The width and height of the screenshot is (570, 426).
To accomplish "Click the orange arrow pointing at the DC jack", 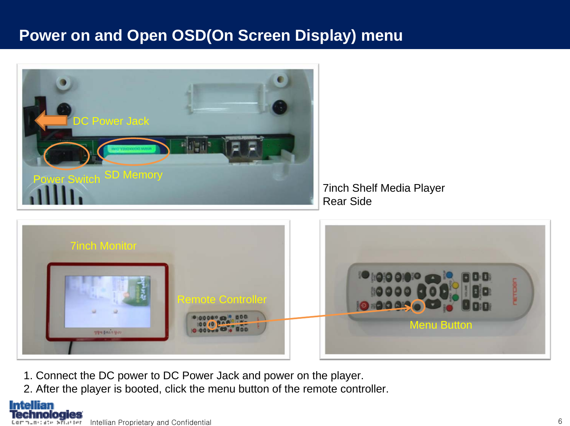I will point(51,120).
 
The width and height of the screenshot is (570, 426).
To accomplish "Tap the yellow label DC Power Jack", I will point(111,121).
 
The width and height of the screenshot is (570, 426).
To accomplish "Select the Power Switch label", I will point(66,179).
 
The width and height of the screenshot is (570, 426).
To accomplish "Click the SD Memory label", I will point(133,175).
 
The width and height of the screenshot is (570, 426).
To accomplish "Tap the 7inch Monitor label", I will point(103,246).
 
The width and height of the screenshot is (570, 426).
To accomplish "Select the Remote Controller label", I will point(222,299).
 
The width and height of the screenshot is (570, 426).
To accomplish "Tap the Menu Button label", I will point(441,325).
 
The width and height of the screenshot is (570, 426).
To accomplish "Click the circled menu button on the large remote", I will point(418,306).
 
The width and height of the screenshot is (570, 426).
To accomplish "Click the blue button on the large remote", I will point(450,275).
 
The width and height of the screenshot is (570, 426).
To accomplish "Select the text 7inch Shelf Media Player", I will point(383,188).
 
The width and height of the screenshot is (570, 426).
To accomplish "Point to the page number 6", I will point(560,421).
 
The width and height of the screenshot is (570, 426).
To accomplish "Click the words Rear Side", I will point(347,201).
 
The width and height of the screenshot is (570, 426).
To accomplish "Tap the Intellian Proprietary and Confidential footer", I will point(150,422).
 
